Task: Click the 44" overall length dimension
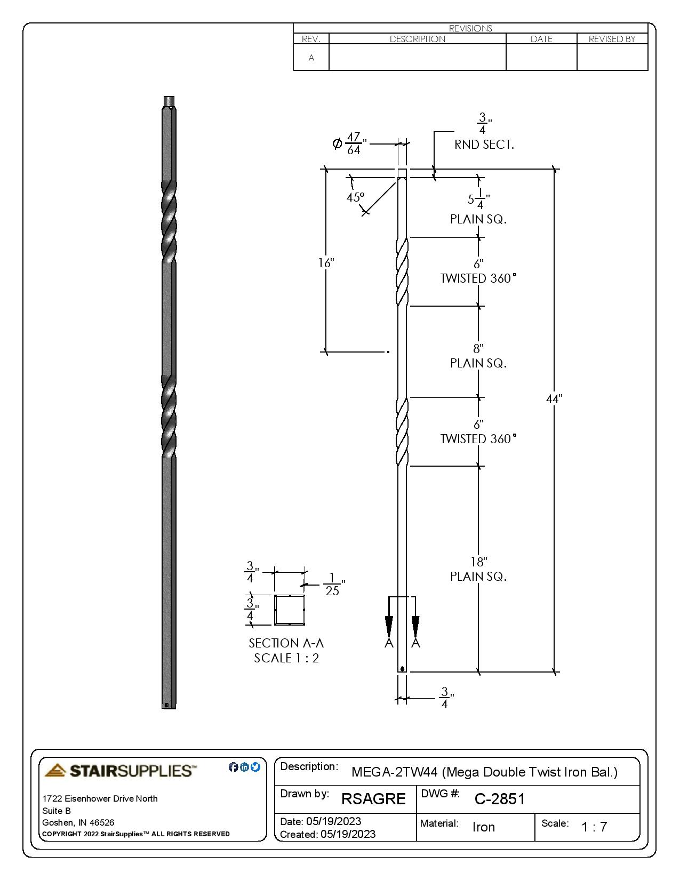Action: [554, 399]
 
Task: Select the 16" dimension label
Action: [326, 263]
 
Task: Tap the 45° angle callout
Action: [355, 197]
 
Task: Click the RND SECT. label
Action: [484, 145]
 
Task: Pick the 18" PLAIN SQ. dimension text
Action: [478, 569]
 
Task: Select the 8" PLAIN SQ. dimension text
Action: [478, 356]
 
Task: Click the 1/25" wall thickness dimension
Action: [333, 585]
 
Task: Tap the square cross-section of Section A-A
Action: [290, 610]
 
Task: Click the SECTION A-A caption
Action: [286, 643]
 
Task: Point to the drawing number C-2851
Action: [500, 799]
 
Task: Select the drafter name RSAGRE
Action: [373, 799]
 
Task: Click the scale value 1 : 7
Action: [594, 827]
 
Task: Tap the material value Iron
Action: [484, 827]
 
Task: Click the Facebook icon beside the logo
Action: [233, 767]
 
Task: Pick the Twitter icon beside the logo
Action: [255, 767]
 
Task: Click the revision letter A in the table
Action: [311, 58]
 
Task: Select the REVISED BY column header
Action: [612, 39]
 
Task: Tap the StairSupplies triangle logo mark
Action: [55, 770]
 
